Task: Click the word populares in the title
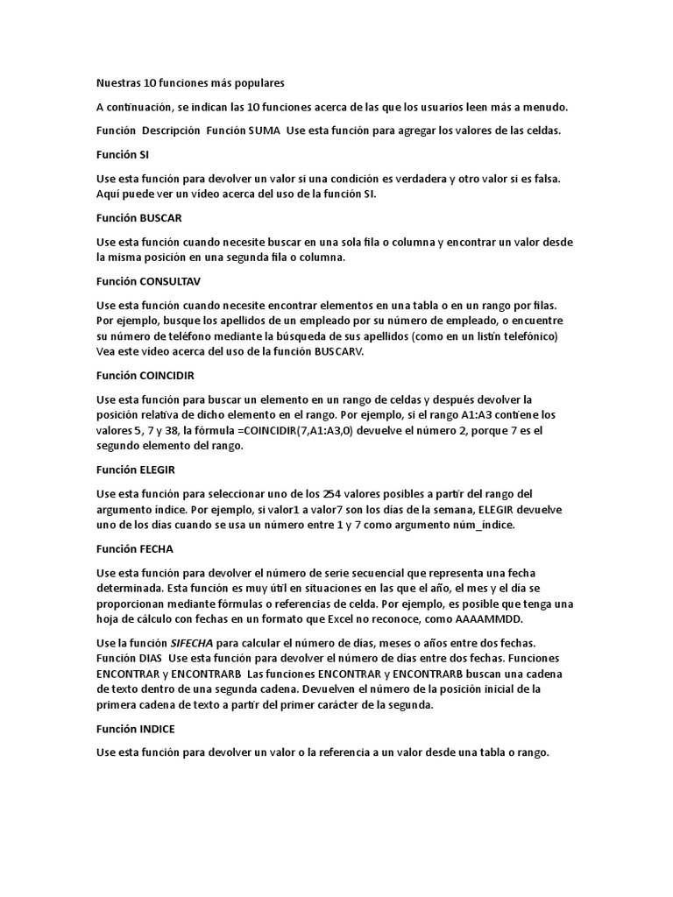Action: point(255,83)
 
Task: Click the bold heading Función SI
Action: point(123,154)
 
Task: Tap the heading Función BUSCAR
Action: point(138,217)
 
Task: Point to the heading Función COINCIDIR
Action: point(145,375)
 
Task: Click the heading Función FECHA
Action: point(135,549)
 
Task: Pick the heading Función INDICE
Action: point(137,728)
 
